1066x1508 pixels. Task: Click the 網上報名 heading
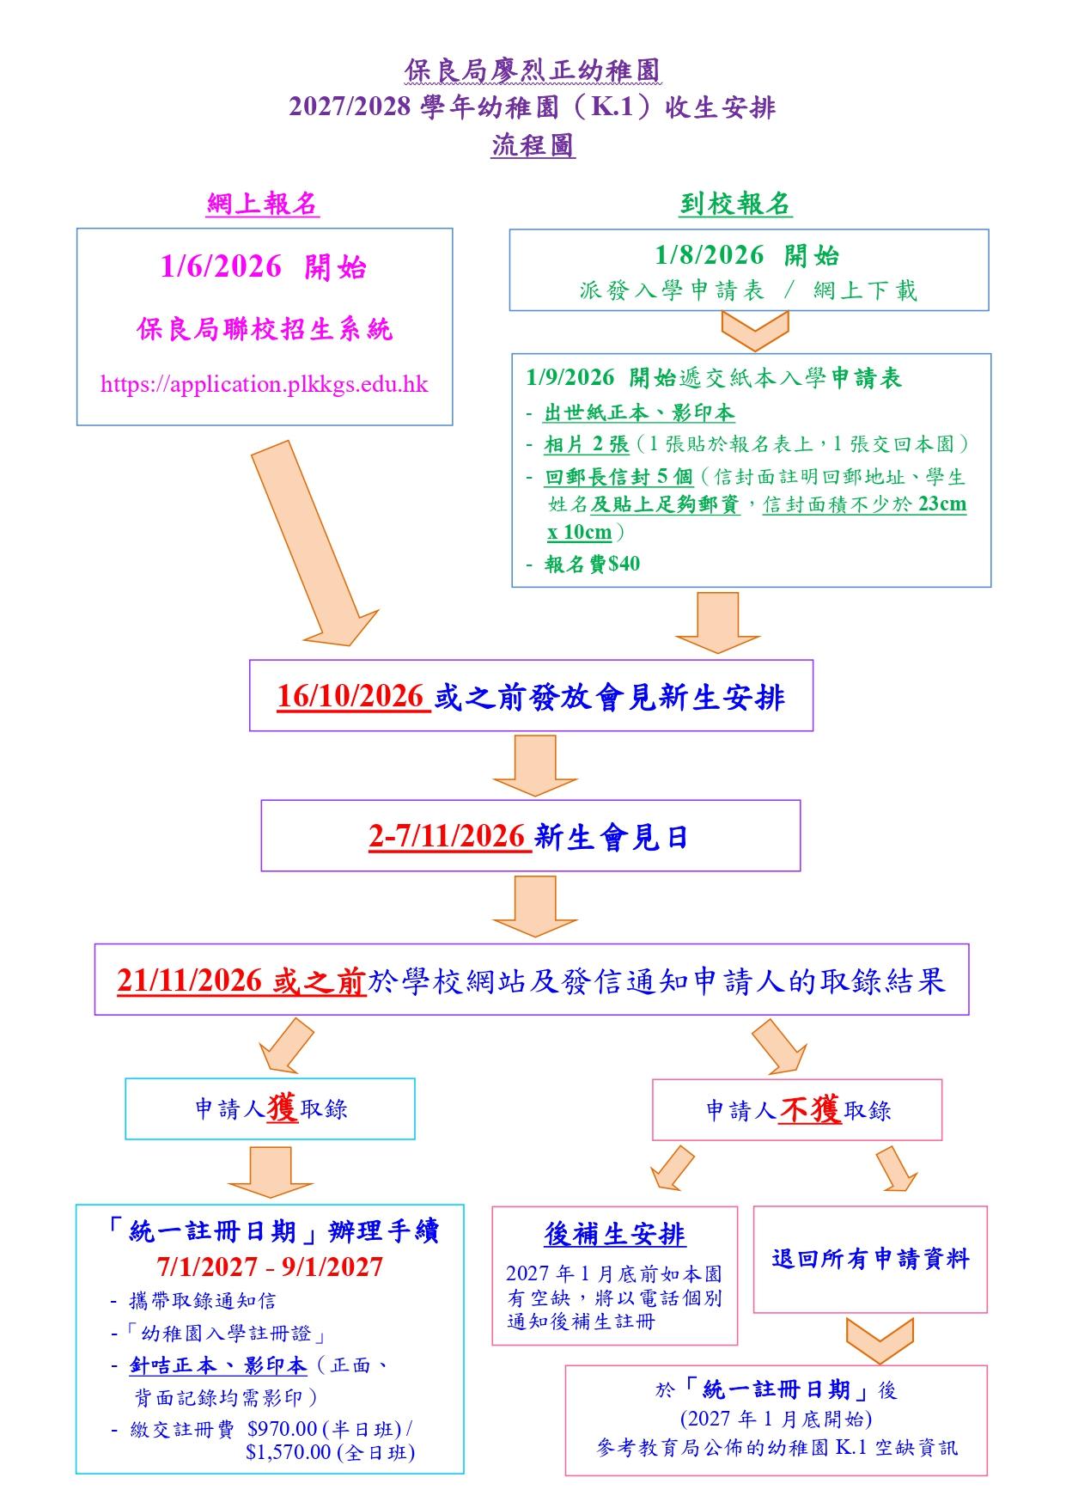263,204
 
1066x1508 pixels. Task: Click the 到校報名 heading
735,204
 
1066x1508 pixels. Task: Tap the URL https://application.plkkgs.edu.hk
264,384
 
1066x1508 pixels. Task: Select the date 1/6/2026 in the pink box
221,266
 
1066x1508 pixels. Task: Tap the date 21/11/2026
190,980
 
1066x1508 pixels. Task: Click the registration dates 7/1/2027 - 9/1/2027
270,1267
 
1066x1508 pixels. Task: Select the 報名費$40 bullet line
593,564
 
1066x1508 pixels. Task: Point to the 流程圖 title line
533,145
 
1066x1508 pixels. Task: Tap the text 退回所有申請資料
870,1259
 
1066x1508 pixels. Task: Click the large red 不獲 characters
810,1109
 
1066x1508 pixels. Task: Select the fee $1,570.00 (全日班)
331,1452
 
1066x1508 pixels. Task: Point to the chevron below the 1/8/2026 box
755,331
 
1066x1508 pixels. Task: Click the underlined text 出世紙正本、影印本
639,412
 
